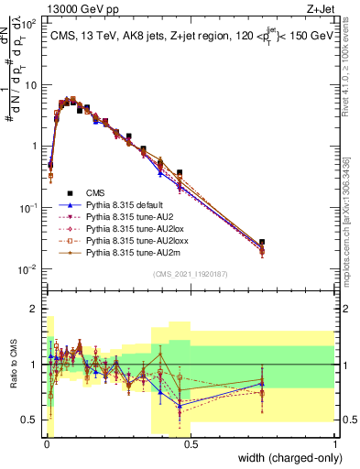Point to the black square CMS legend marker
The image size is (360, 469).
65,192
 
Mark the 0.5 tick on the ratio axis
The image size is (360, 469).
30,420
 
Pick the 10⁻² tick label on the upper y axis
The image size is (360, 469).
27,268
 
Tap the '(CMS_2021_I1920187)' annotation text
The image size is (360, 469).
191,274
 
